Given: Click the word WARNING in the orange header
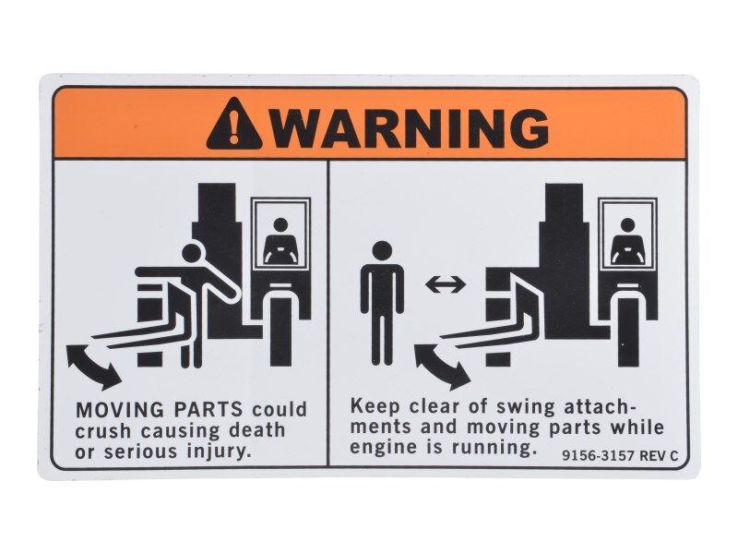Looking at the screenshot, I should (x=411, y=126).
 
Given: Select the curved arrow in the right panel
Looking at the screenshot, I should (x=441, y=366).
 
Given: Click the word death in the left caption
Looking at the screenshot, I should (x=259, y=430).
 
